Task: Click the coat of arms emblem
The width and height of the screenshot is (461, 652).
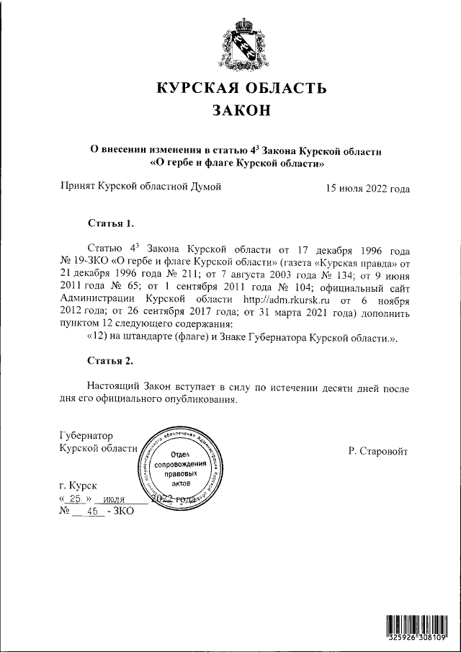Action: coord(241,45)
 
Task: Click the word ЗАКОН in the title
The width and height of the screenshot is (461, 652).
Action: coord(241,111)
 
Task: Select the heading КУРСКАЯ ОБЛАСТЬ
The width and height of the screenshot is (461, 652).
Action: coord(241,89)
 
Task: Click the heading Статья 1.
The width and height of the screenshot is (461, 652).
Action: coord(110,223)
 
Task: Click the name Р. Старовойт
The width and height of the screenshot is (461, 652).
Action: coord(377,451)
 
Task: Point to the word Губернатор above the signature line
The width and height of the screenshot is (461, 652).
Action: coord(86,435)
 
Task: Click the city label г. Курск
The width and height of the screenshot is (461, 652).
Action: coord(80,486)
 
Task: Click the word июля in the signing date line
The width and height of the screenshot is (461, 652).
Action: coord(115,499)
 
